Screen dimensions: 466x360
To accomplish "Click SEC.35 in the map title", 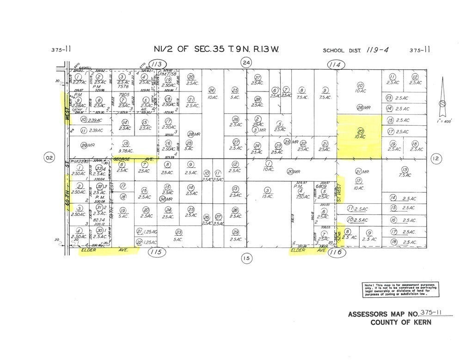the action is (x=213, y=49).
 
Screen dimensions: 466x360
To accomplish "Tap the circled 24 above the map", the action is (x=246, y=62).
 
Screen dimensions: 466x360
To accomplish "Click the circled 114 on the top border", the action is (x=334, y=65).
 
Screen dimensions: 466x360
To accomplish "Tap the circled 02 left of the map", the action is (x=49, y=159).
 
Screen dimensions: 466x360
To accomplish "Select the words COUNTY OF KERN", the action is (x=401, y=323).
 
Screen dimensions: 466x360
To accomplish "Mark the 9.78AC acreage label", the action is (x=125, y=150).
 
